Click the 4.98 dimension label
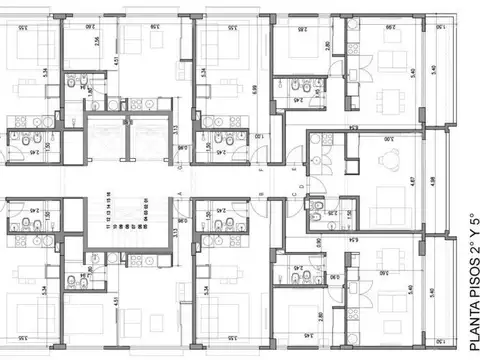(432, 180)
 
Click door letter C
(293, 195)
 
